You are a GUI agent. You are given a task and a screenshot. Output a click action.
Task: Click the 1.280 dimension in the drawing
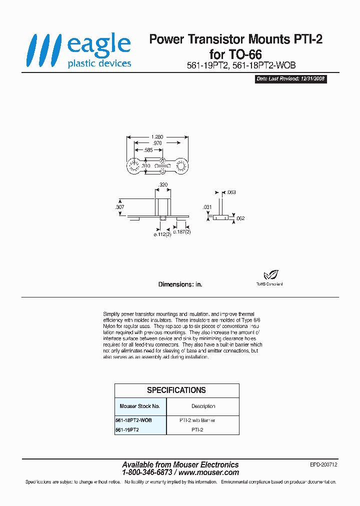[156, 136]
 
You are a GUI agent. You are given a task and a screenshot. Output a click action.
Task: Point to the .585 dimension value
[148, 149]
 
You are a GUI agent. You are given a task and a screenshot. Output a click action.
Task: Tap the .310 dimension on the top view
[145, 165]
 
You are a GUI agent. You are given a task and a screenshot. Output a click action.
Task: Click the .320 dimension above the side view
[162, 185]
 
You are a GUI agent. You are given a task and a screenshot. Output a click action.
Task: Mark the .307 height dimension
[120, 206]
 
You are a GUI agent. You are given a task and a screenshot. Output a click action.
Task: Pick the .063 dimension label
[231, 192]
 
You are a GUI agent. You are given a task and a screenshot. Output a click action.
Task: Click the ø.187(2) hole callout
[182, 232]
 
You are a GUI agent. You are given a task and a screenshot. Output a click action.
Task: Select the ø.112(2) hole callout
[162, 234]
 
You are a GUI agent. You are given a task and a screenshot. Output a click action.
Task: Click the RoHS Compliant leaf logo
[270, 274]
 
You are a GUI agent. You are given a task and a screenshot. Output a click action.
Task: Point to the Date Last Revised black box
[291, 79]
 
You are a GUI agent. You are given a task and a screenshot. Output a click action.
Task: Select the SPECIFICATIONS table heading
[176, 390]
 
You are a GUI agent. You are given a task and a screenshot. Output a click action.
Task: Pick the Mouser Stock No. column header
[139, 406]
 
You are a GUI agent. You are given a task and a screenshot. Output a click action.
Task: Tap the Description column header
[203, 406]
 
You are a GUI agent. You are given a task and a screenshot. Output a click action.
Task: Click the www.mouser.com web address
[208, 472]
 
